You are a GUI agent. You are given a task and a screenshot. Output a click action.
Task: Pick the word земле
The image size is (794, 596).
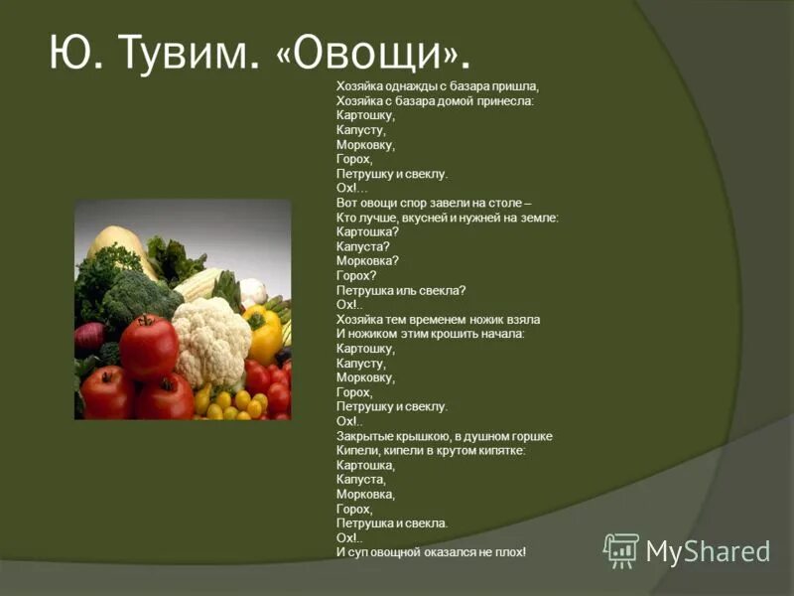[x=534, y=217]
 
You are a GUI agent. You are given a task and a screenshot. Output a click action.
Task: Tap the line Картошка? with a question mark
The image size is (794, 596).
[x=367, y=231]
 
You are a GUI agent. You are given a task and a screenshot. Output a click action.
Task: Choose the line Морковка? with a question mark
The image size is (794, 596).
[x=367, y=260]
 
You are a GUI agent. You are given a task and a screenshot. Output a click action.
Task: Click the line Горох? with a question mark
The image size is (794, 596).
[x=356, y=275]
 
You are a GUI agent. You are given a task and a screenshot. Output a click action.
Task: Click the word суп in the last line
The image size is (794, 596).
[x=355, y=551]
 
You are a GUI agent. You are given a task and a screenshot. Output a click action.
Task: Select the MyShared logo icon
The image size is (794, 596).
[x=621, y=549]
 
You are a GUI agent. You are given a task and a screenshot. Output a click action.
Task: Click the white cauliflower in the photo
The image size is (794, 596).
[x=212, y=338]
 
